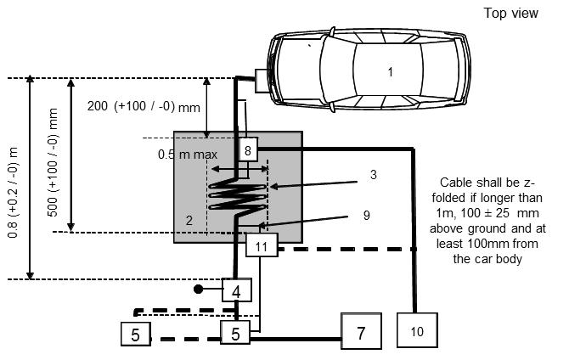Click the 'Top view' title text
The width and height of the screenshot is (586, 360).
pyautogui.click(x=510, y=14)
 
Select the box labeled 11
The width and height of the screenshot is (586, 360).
pyautogui.click(x=262, y=247)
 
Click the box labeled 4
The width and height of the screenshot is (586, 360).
pyautogui.click(x=236, y=290)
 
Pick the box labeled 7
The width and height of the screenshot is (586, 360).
pyautogui.click(x=361, y=333)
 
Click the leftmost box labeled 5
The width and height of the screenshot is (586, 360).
pyautogui.click(x=136, y=335)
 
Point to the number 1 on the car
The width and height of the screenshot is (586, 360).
pyautogui.click(x=391, y=72)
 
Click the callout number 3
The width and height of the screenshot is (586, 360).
pyautogui.click(x=372, y=175)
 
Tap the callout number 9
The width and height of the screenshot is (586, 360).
pyautogui.click(x=366, y=216)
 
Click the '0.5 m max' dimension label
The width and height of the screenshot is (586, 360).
pyautogui.click(x=188, y=155)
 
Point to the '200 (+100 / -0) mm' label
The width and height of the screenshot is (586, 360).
pyautogui.click(x=143, y=107)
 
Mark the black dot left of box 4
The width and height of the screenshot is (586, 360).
pyautogui.click(x=197, y=289)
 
